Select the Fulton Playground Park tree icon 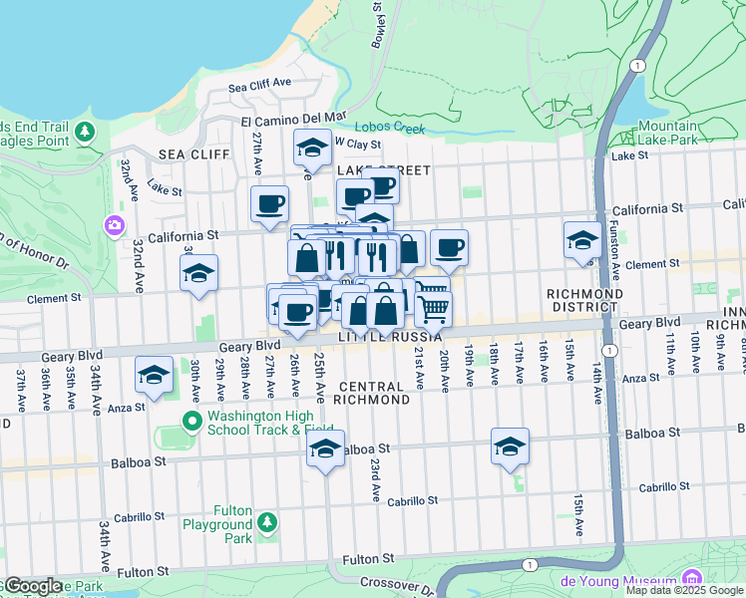pos(266,521)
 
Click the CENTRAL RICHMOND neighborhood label pos(374,393)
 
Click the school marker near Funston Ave pos(581,240)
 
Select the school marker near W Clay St pos(312,149)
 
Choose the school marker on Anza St pos(153,375)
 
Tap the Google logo pos(32,586)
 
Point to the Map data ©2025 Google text pos(683,590)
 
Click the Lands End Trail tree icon pos(85,132)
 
